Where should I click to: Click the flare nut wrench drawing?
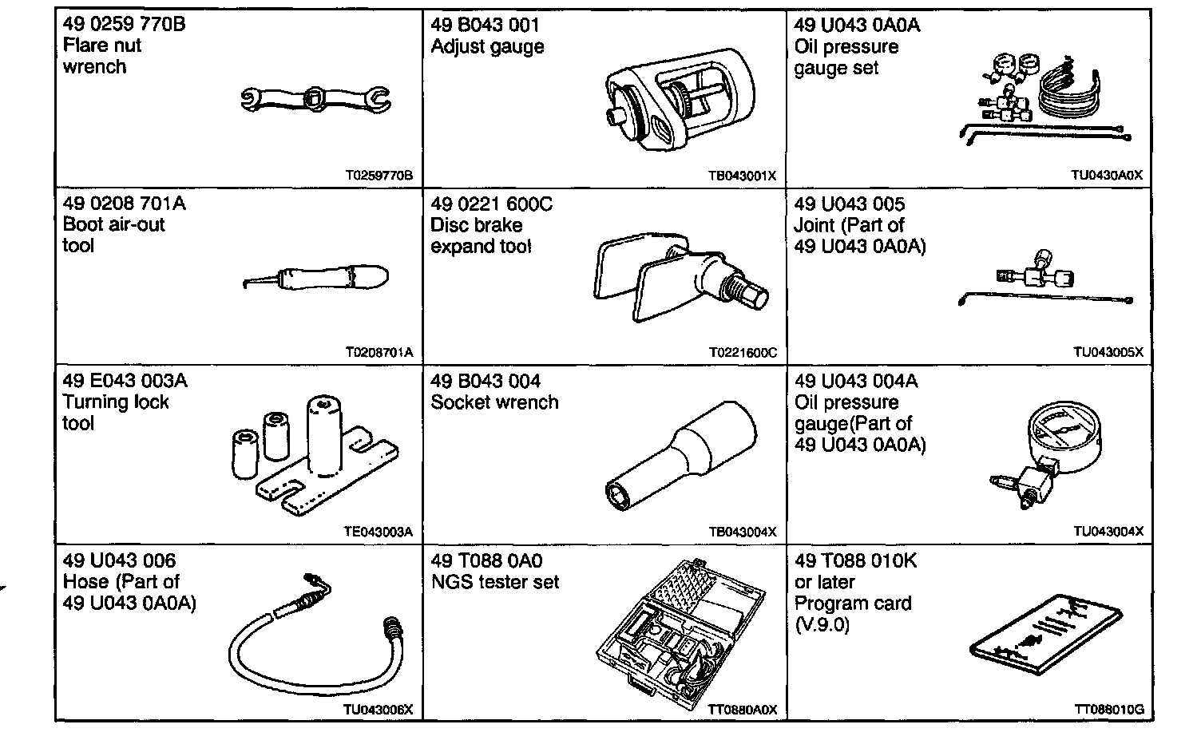(315, 99)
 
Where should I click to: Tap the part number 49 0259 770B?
(124, 24)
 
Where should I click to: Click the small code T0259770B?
(379, 176)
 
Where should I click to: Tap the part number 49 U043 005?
(850, 204)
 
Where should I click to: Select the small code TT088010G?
(1109, 709)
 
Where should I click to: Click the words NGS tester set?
(495, 582)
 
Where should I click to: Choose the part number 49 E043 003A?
(125, 381)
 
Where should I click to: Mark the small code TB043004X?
(743, 532)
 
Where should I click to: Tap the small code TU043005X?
(1108, 352)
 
